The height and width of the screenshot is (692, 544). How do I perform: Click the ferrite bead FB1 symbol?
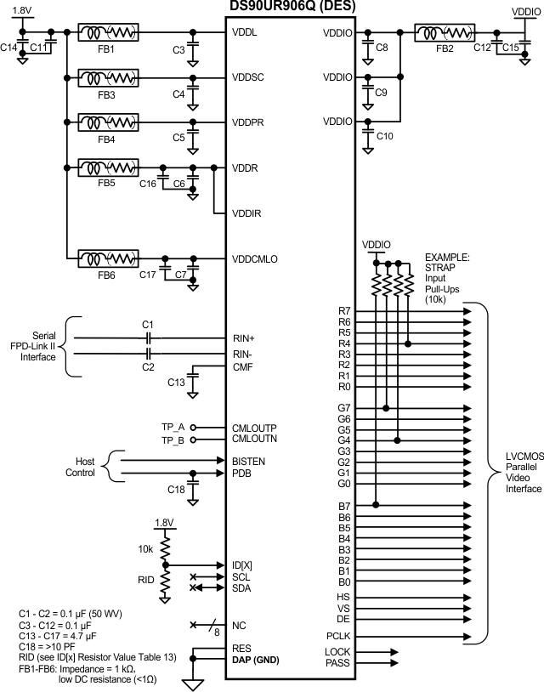[x=108, y=33]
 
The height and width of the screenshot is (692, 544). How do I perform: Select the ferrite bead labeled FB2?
[x=445, y=33]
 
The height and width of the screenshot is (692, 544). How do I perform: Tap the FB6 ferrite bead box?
[x=108, y=258]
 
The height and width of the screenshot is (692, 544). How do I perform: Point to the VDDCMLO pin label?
[x=255, y=258]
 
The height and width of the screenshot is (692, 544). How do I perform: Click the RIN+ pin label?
[x=244, y=337]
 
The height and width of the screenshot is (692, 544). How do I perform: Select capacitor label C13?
[x=176, y=383]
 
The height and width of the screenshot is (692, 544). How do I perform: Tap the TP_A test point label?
[x=173, y=428]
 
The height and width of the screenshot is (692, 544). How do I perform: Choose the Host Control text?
[x=81, y=466]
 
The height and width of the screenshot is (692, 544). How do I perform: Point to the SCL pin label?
[x=241, y=576]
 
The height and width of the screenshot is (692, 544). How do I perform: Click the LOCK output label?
[x=337, y=651]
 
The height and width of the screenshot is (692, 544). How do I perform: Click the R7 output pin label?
[x=343, y=311]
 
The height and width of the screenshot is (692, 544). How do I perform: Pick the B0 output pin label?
[x=343, y=582]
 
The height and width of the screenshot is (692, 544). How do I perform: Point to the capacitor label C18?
[x=176, y=490]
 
